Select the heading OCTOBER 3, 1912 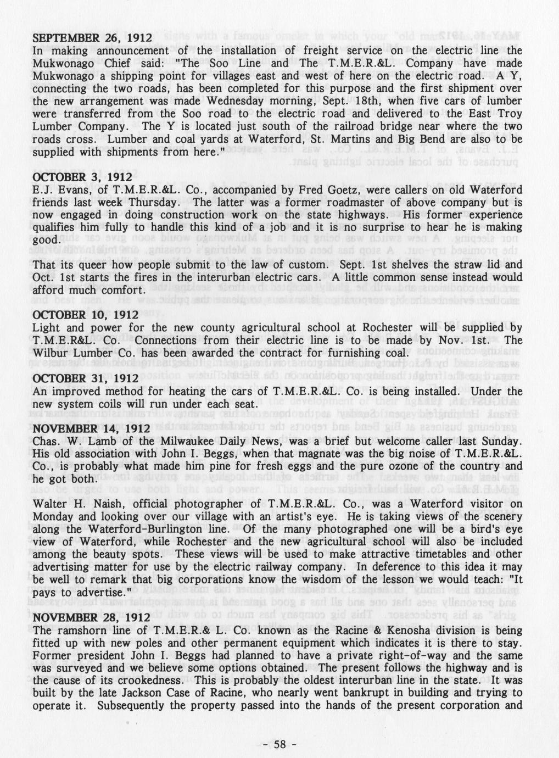coord(82,177)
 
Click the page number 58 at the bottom coord(280,744)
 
